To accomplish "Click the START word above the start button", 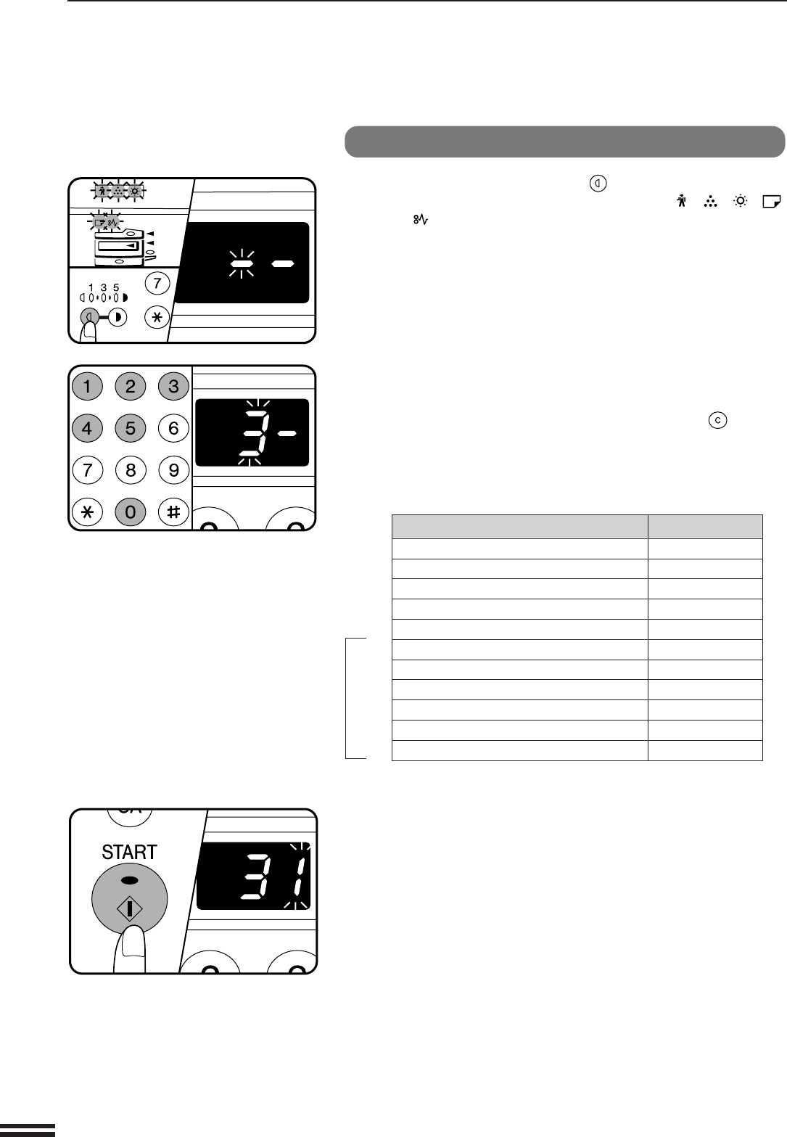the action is click(129, 852).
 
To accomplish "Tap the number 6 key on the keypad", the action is click(173, 428).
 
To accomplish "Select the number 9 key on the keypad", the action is click(173, 470).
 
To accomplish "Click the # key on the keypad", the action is click(173, 512).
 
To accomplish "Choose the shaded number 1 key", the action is click(87, 386).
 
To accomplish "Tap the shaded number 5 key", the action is click(131, 428).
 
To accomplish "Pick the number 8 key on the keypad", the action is click(131, 470).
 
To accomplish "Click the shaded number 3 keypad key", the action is click(173, 386).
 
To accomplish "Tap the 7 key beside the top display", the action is click(157, 283).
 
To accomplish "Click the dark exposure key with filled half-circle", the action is click(118, 318).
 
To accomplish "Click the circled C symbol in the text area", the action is click(717, 420).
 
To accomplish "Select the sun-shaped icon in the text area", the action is click(741, 201).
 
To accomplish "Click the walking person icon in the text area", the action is click(681, 201).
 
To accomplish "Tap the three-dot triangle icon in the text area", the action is click(710, 202).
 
